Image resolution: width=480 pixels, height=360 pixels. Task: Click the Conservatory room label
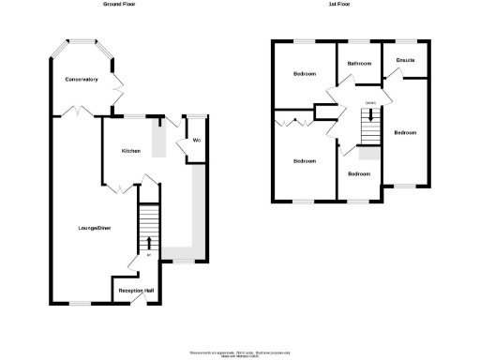coord(82,80)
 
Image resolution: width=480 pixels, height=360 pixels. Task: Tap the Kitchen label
coord(129,151)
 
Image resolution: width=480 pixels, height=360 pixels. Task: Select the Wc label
coord(196,141)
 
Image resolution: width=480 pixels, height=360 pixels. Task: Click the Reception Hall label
coord(135,292)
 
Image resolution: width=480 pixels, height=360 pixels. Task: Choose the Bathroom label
coord(359,64)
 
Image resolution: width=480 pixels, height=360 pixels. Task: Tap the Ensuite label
coord(405,61)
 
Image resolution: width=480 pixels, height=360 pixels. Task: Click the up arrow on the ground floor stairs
coord(148,242)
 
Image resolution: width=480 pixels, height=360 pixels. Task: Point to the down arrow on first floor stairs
coord(372,115)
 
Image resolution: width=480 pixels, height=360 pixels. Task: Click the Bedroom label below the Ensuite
coord(405,132)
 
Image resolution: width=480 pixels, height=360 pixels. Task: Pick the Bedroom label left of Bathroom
coord(305,74)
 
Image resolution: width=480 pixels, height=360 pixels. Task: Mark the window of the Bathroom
coord(359,41)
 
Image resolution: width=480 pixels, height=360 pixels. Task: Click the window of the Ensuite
coord(405,41)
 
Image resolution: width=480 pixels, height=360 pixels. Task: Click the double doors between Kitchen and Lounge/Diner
coord(118,188)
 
